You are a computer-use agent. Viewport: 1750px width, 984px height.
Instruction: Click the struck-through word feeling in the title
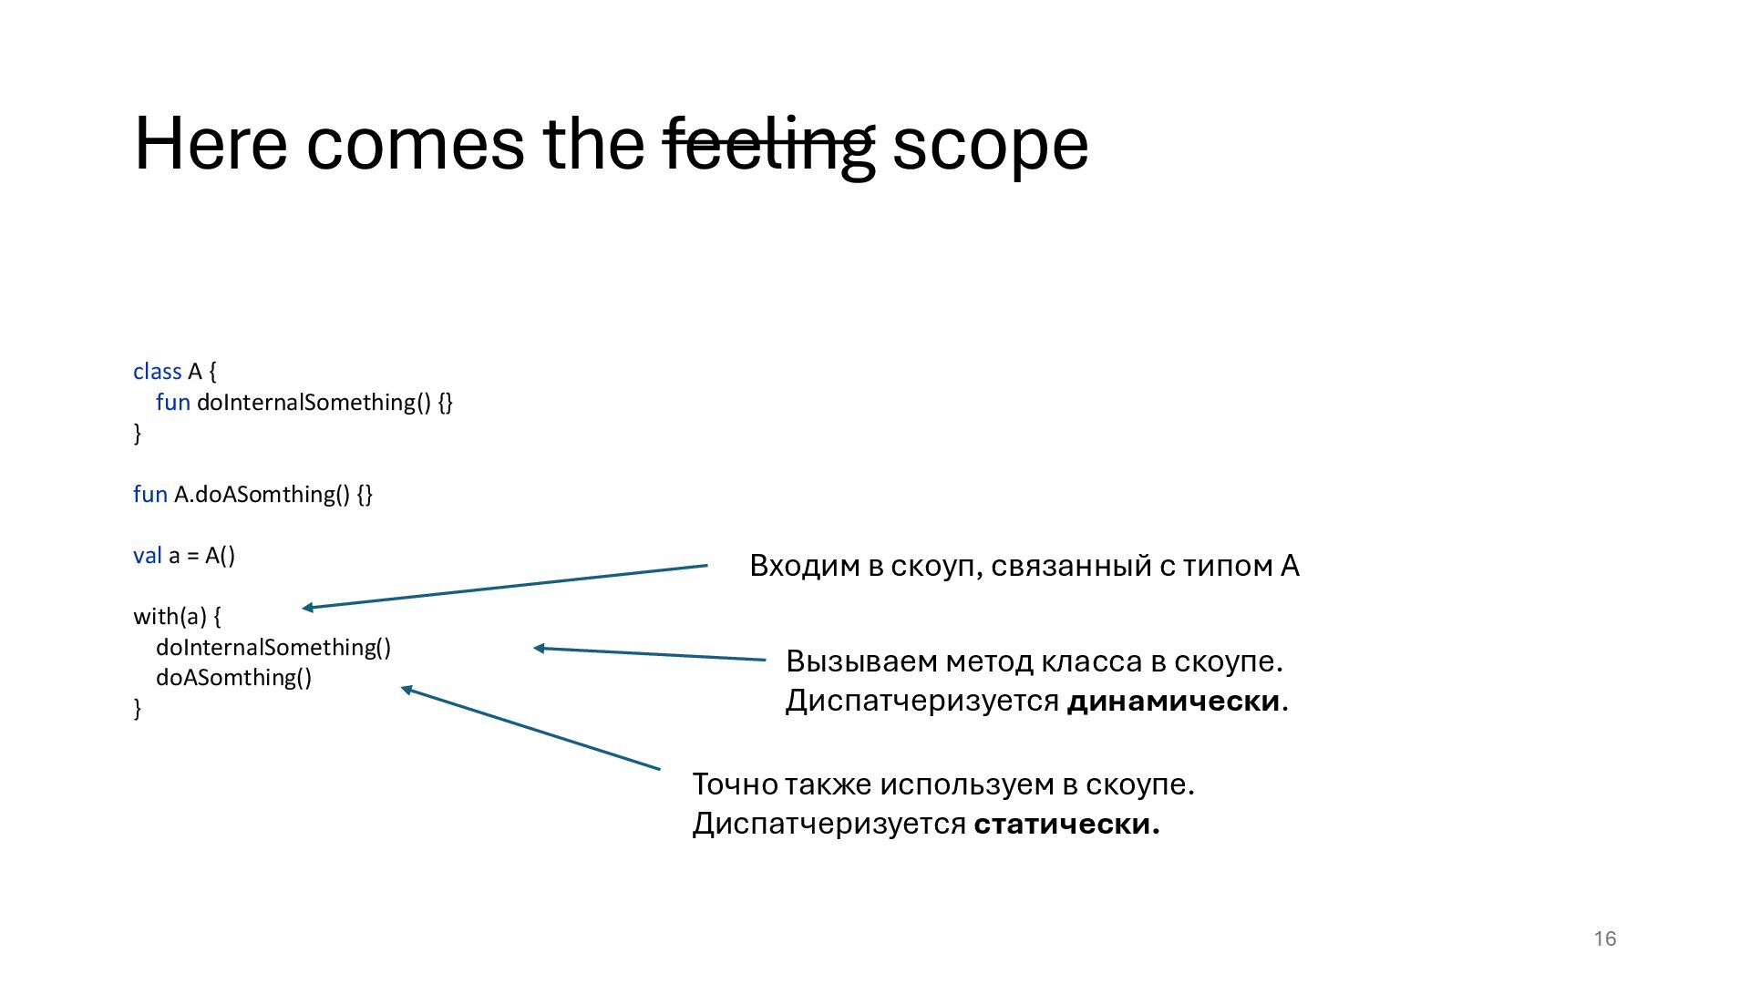click(769, 144)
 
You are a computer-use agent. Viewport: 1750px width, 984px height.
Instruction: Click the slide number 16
click(1604, 939)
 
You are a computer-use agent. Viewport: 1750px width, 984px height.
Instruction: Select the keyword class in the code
click(157, 372)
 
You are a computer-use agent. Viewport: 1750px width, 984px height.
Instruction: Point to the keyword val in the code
click(147, 556)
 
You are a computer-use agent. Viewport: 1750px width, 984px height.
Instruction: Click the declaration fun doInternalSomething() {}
click(304, 403)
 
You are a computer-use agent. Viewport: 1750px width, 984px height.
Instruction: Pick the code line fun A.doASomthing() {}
click(252, 495)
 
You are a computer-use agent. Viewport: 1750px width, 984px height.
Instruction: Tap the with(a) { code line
click(177, 617)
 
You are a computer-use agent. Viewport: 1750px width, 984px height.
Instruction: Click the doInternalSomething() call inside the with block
click(273, 648)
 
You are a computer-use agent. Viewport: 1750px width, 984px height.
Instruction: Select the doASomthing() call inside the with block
click(233, 678)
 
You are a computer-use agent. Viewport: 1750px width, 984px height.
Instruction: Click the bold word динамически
click(1174, 702)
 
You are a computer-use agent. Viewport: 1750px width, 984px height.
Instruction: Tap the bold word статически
click(1065, 825)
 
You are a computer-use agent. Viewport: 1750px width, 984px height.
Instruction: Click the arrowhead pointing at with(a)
click(308, 608)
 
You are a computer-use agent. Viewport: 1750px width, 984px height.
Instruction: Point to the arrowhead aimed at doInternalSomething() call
click(539, 649)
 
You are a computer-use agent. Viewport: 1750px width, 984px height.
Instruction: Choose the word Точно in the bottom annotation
click(735, 784)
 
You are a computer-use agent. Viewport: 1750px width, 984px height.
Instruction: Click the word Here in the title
click(211, 144)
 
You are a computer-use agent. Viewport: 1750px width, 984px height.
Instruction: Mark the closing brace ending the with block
click(138, 709)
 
